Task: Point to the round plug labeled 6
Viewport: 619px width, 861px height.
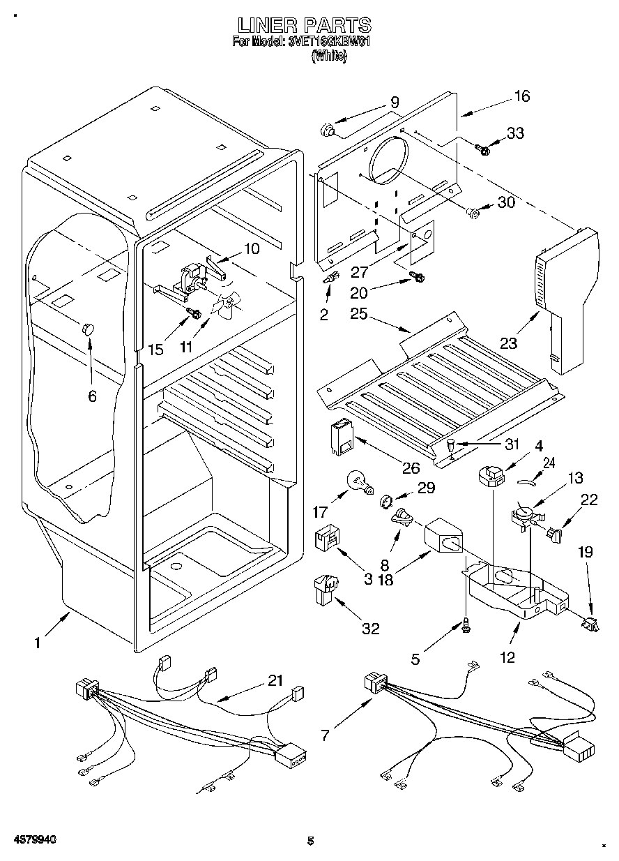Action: (87, 329)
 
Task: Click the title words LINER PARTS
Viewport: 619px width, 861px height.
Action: (304, 26)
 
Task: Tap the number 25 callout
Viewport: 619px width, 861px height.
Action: (359, 314)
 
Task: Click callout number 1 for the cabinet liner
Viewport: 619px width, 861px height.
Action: (38, 643)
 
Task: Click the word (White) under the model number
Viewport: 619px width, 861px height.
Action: (328, 57)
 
